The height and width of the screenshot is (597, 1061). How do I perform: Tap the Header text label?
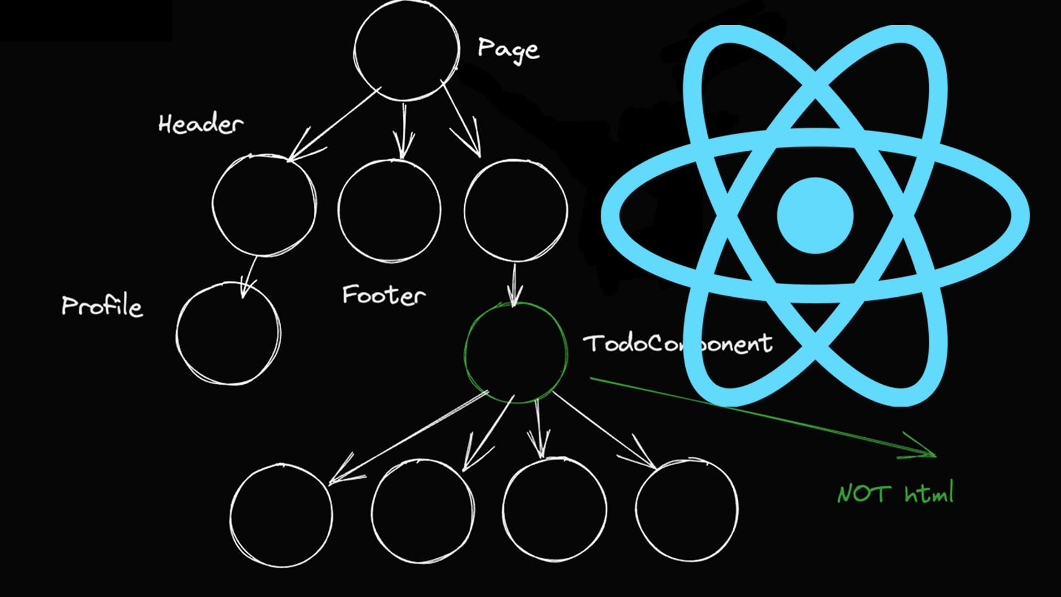click(x=200, y=124)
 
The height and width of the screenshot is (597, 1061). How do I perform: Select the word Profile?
click(x=102, y=306)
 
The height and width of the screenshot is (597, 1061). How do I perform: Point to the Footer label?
click(x=384, y=295)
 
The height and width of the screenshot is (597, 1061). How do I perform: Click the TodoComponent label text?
click(x=677, y=344)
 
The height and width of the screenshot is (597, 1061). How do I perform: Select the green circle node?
click(x=516, y=353)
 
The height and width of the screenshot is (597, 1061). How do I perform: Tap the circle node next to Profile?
click(x=228, y=333)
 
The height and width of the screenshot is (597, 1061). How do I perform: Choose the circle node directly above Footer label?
click(x=390, y=210)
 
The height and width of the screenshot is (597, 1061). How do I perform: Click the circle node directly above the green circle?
click(x=516, y=210)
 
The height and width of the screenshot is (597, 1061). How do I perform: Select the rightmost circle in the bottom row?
click(x=686, y=511)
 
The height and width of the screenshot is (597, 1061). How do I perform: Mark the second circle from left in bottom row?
click(x=422, y=512)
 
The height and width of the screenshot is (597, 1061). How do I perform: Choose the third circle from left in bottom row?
click(x=554, y=510)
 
